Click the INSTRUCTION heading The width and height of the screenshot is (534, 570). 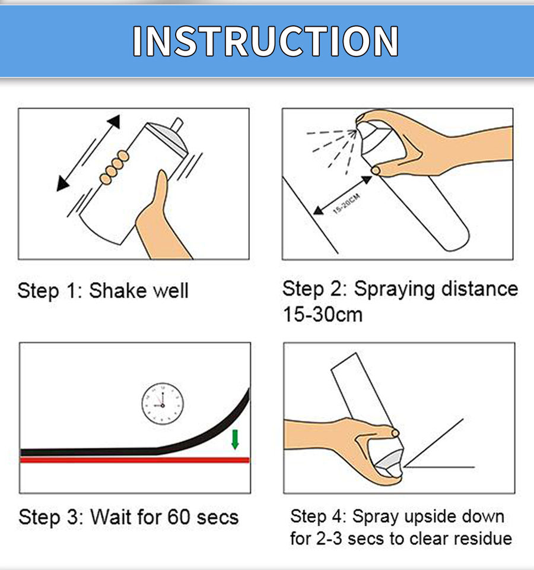266,41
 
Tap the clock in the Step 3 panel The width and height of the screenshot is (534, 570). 163,404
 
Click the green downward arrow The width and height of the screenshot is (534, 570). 235,439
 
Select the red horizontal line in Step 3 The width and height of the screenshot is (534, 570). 135,460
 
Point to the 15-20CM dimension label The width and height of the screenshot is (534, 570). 347,204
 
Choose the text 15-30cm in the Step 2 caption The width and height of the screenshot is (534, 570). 323,315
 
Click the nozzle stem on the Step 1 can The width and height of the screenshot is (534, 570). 177,125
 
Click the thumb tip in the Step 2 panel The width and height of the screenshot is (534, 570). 376,170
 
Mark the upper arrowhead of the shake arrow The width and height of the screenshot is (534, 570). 114,121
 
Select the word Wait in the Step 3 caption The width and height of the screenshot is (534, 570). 110,517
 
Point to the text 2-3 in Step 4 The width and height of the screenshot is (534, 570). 329,539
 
